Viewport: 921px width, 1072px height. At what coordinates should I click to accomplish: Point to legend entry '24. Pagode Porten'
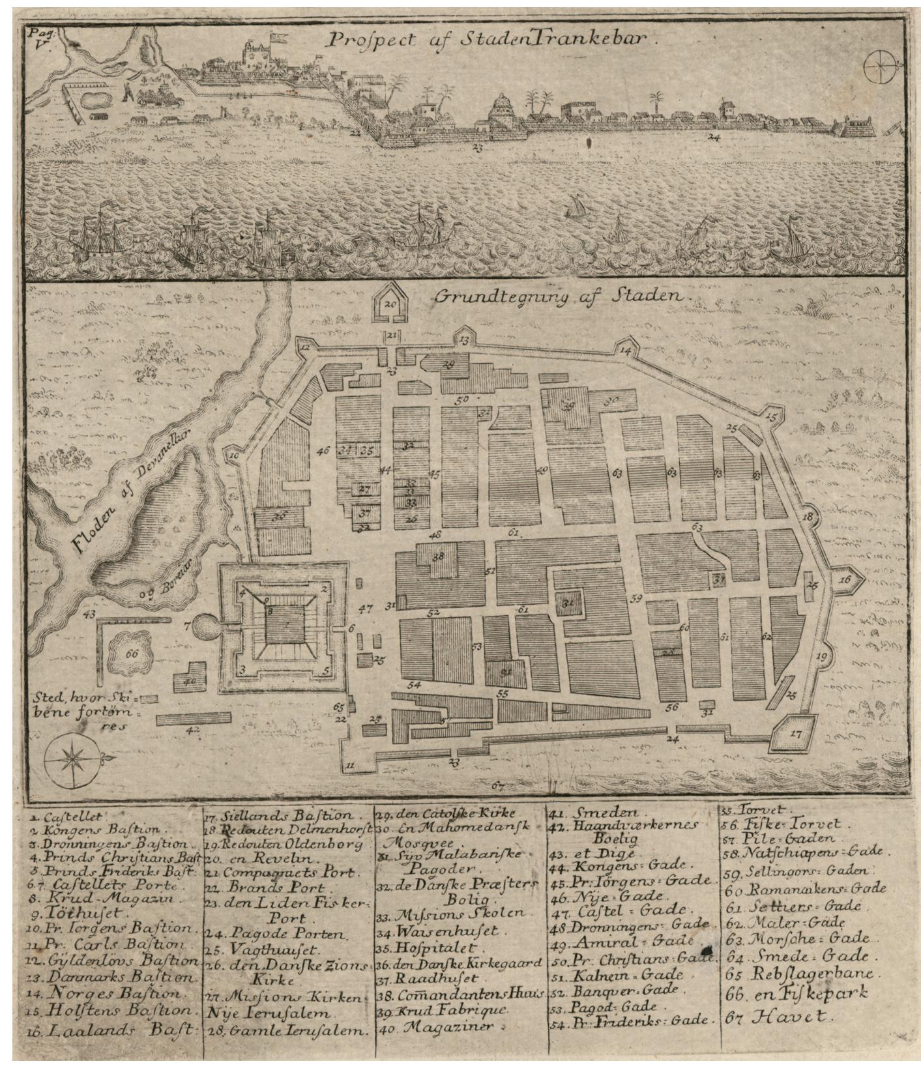(x=282, y=933)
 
